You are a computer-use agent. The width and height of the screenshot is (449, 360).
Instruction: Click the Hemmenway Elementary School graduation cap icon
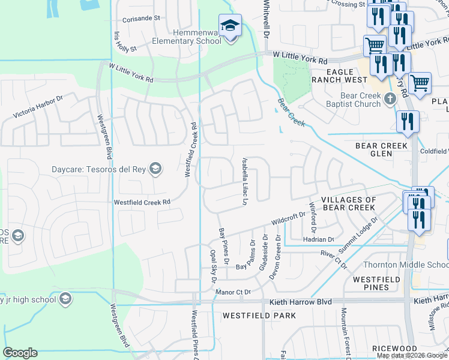[230, 26]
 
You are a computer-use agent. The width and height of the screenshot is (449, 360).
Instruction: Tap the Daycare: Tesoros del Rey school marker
[156, 168]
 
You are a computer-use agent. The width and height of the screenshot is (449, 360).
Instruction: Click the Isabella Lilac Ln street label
[245, 181]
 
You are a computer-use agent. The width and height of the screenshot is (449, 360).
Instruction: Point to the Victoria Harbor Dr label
[38, 106]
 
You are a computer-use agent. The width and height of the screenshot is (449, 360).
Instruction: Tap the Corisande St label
[140, 18]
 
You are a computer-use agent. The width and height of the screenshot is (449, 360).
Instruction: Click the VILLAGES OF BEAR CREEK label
[349, 203]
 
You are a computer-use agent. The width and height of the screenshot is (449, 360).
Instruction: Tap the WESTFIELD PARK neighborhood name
[259, 315]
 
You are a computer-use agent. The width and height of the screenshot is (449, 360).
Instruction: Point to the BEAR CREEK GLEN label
[382, 149]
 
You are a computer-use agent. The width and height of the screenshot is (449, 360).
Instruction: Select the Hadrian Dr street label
[319, 239]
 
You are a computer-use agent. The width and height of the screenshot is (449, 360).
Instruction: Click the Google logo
[20, 353]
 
